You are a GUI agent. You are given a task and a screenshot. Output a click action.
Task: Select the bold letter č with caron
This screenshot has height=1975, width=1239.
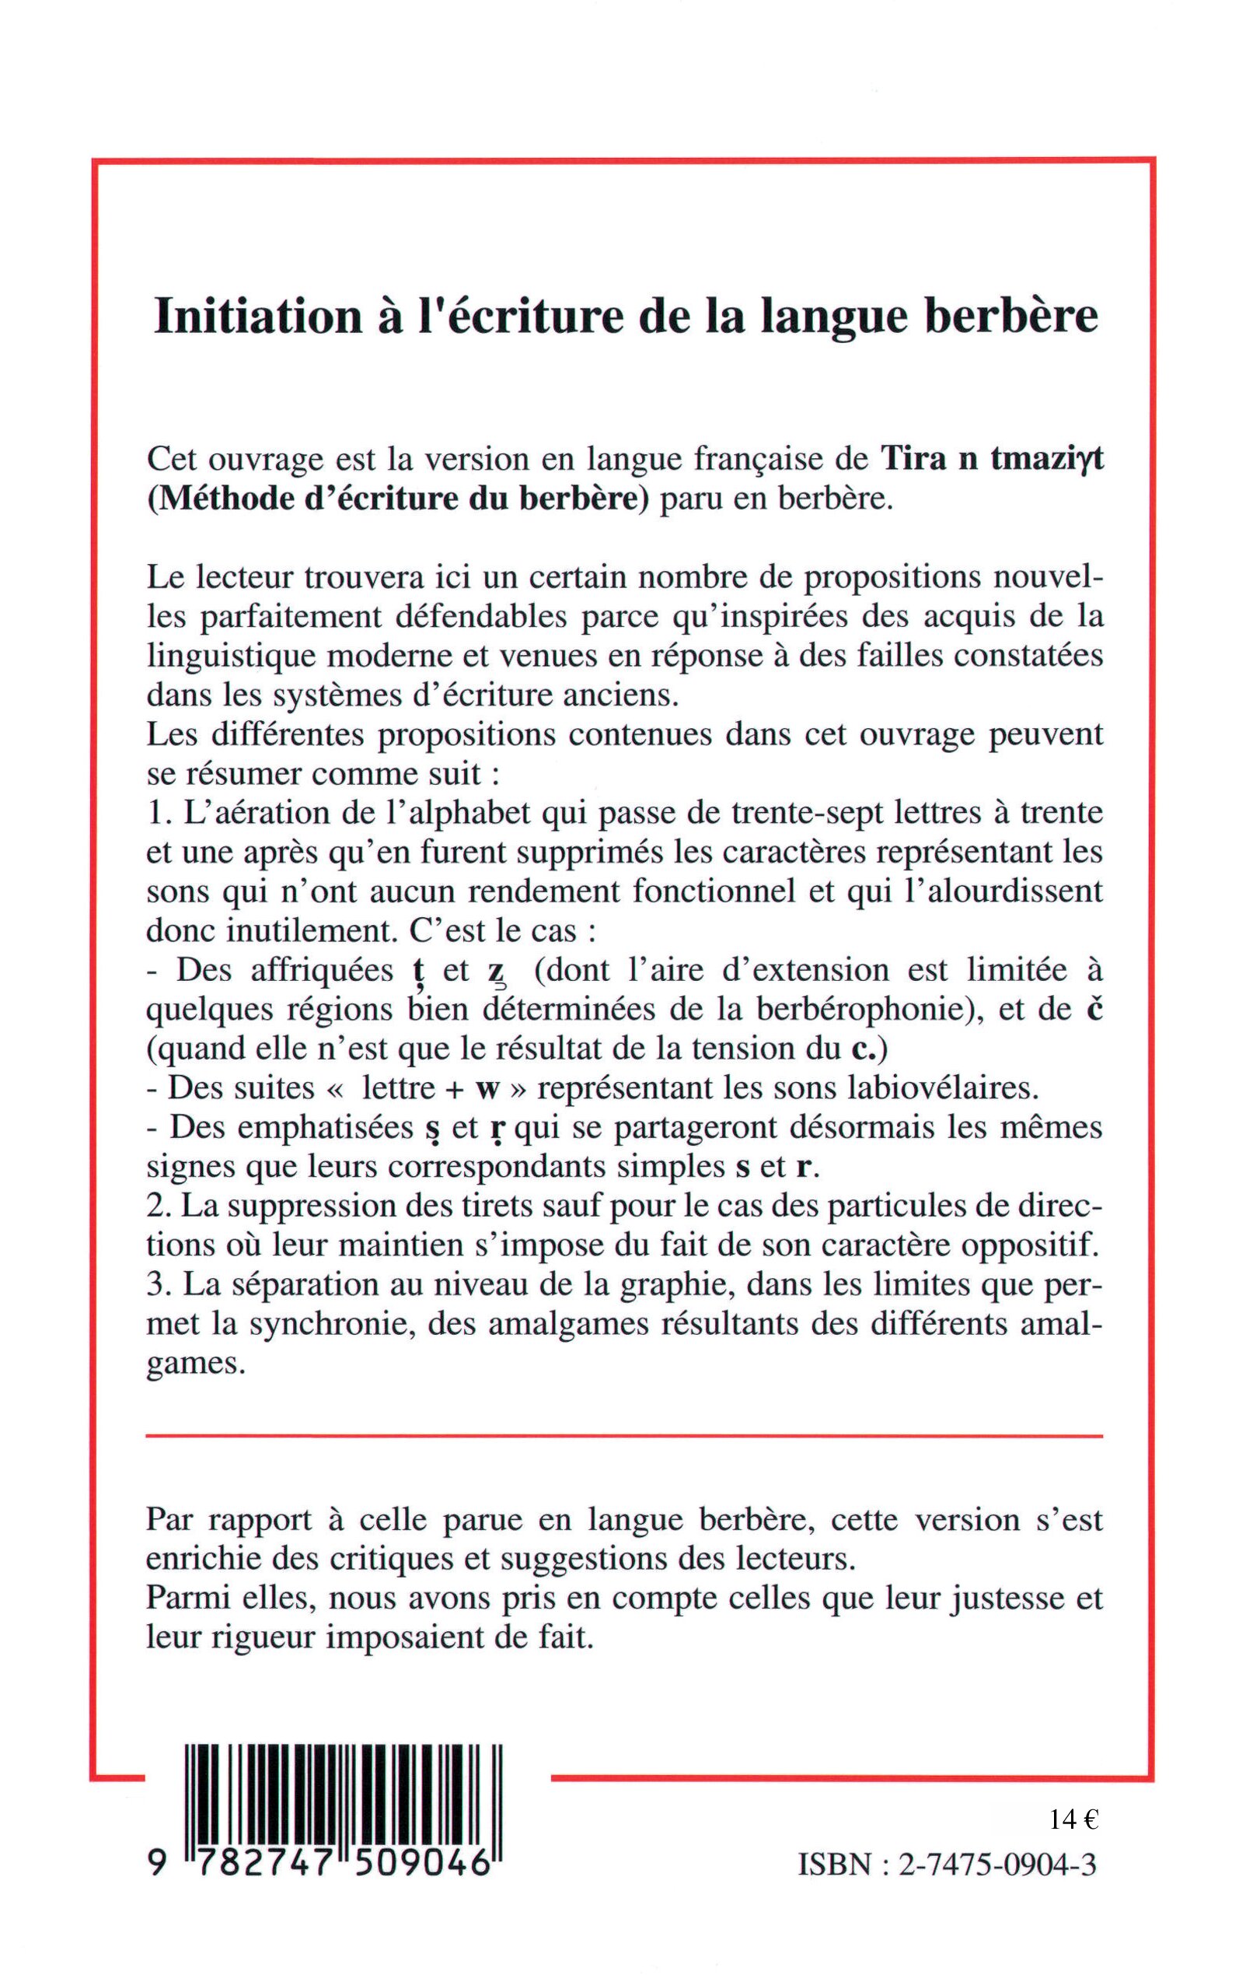pos(1093,1009)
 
